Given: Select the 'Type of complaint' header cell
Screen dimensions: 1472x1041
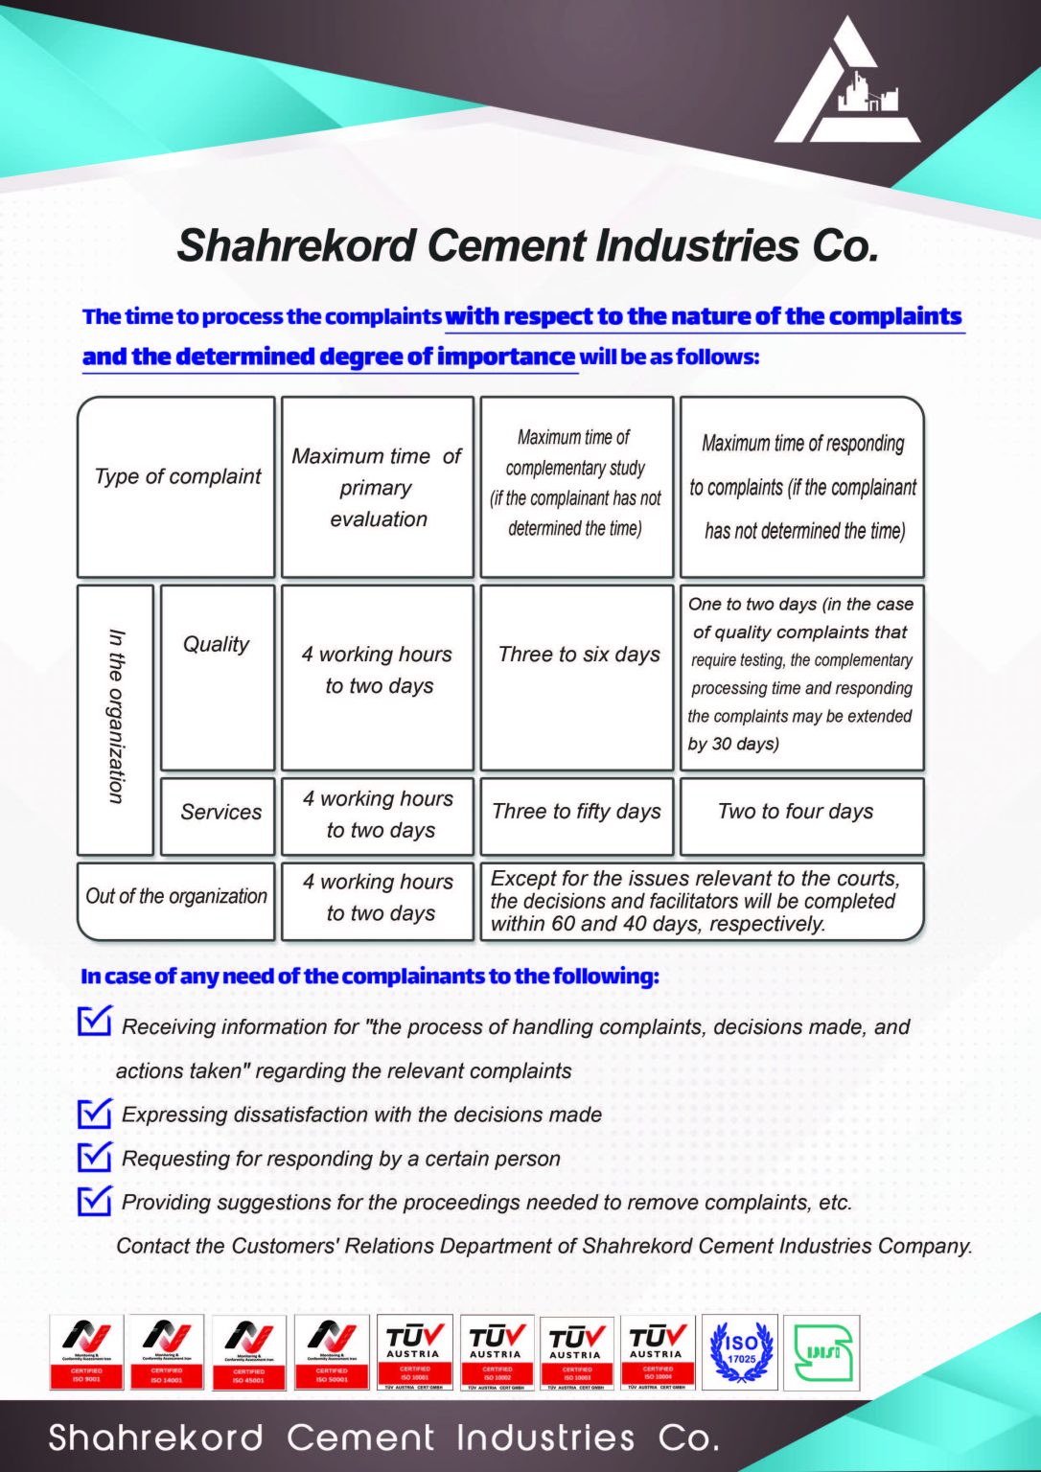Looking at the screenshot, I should [x=177, y=476].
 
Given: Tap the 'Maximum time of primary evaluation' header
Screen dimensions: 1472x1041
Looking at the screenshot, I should [x=377, y=487].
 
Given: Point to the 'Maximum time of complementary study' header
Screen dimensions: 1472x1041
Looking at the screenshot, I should [x=575, y=483].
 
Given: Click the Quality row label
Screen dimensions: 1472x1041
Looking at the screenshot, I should [x=217, y=644].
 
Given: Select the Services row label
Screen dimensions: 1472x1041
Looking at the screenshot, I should [x=220, y=812].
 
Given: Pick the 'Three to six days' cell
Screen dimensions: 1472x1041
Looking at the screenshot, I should [x=579, y=655].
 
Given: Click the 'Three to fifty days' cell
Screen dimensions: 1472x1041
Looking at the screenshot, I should [x=576, y=812].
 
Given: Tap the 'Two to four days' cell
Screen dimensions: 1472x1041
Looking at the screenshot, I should [x=796, y=812].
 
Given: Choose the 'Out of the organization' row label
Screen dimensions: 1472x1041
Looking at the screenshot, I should [x=176, y=896].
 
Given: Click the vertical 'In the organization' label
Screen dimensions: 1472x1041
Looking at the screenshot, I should [x=116, y=716].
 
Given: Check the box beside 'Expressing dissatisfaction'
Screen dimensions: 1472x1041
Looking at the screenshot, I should [x=94, y=1113].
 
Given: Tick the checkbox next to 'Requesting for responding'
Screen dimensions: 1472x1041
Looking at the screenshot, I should [x=94, y=1157].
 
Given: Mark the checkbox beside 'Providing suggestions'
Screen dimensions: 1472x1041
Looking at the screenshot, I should [x=94, y=1200].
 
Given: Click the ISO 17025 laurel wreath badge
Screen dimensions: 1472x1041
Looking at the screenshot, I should [x=740, y=1351].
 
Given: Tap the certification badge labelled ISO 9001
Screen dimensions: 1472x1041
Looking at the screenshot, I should [x=86, y=1351].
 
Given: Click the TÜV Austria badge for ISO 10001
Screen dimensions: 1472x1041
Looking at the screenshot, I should [x=414, y=1351].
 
